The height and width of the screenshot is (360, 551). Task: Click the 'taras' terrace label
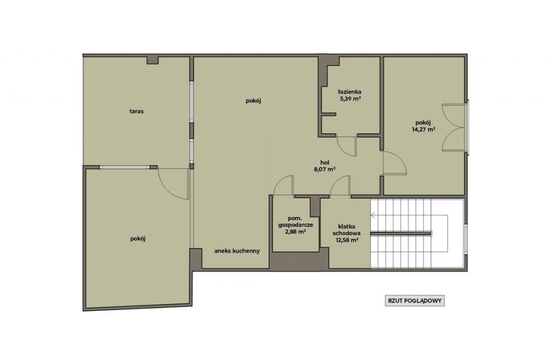tap(136, 111)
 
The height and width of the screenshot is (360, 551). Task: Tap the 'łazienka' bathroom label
tap(350, 92)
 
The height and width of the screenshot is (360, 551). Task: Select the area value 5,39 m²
tap(350, 99)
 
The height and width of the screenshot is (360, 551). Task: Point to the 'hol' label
tap(325, 163)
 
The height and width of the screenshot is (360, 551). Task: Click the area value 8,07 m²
tap(325, 169)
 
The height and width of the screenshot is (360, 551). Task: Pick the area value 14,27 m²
tap(424, 130)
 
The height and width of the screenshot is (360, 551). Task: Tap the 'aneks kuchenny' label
tap(237, 251)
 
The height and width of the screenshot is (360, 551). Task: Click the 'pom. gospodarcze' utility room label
tap(295, 222)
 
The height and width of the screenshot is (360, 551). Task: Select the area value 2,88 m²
tap(295, 232)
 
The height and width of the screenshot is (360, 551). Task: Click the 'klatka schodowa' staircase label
tap(347, 230)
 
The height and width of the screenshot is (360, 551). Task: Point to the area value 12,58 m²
tap(347, 240)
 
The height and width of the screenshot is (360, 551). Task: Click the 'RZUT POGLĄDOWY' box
tap(415, 301)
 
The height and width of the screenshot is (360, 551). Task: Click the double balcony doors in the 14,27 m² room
tap(454, 127)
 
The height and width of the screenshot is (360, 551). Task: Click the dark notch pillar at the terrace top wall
tap(153, 61)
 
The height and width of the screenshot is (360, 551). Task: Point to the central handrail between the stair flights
tap(401, 233)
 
